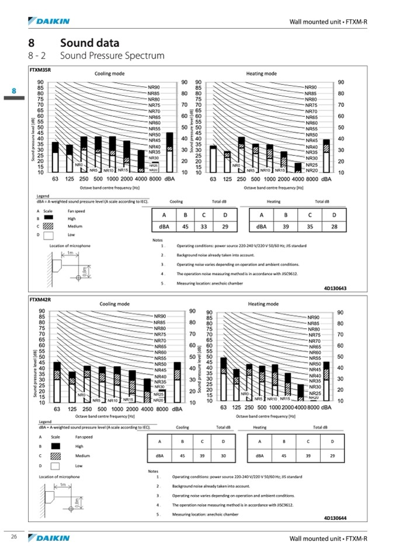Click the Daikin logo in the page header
click(49, 22)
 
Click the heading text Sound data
click(90, 43)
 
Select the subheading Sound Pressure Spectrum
click(112, 56)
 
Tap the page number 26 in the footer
click(13, 537)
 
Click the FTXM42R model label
click(40, 299)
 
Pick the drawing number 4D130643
click(335, 288)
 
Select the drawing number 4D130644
click(335, 517)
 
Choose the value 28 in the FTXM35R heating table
click(334, 226)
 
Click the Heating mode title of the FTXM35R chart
click(262, 74)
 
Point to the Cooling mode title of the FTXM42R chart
click(114, 304)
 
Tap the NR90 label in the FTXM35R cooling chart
click(154, 87)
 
